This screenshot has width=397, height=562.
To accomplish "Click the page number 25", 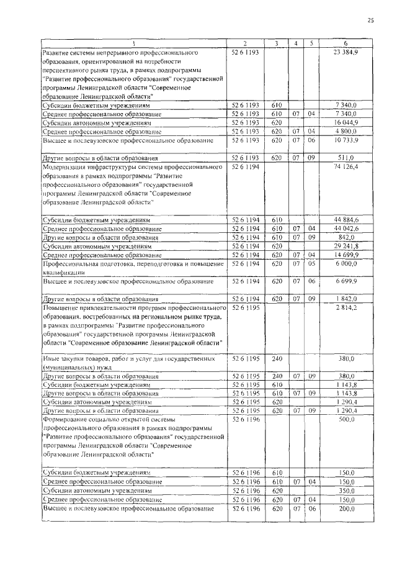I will [370, 20].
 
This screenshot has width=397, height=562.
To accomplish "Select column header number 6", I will [345, 43].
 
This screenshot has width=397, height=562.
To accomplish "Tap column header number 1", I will [132, 43].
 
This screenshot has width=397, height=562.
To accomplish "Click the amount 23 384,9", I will [345, 52].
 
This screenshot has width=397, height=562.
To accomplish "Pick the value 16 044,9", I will [345, 122].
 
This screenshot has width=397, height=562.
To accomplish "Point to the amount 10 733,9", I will [345, 140].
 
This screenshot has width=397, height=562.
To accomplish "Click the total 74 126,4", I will [345, 167].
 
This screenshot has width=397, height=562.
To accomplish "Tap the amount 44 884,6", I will [345, 220].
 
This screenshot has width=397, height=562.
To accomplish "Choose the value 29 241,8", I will [345, 246].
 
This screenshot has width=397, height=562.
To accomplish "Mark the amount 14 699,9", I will [345, 255].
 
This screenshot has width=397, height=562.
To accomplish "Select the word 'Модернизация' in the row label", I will [65, 167].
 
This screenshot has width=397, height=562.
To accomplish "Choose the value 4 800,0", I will [345, 131].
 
